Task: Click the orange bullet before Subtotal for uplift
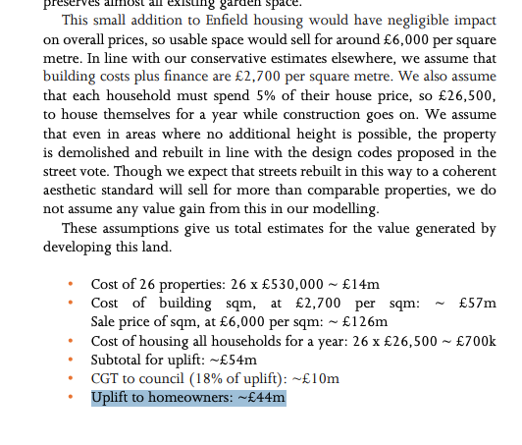70,361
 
